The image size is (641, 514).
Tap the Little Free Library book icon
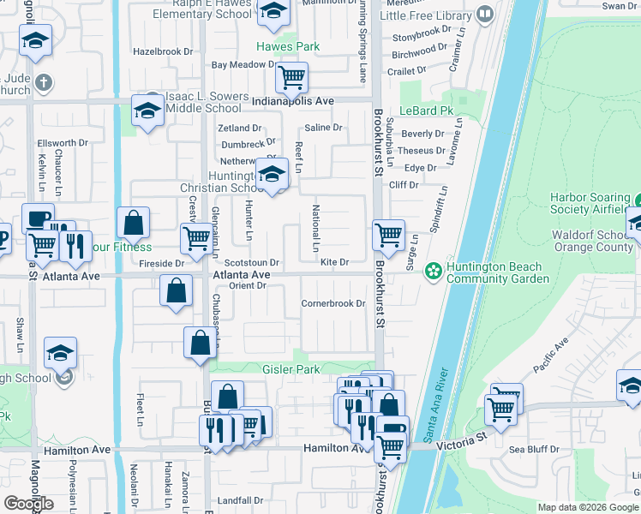(x=484, y=15)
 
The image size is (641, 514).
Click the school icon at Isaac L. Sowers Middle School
(x=147, y=111)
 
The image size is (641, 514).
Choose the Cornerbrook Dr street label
(x=333, y=303)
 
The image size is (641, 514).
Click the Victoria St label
(x=464, y=435)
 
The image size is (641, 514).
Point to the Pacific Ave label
(x=550, y=357)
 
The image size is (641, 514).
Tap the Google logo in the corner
(x=28, y=504)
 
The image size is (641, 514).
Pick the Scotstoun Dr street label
(x=252, y=263)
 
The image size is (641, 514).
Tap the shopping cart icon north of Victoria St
(x=502, y=405)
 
